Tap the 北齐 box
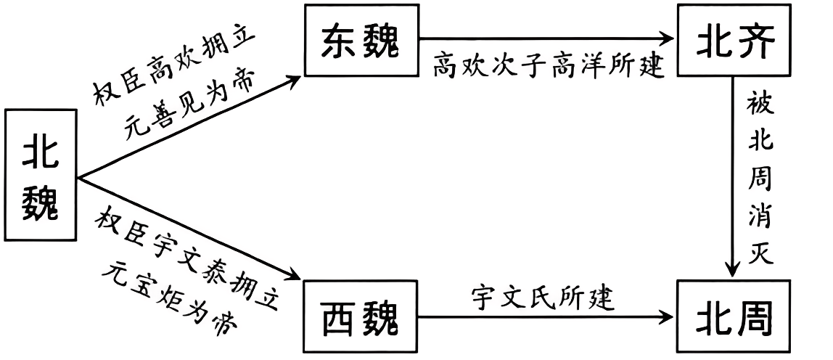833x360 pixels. tap(731, 42)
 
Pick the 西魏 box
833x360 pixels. tap(360, 316)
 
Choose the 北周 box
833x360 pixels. tap(731, 316)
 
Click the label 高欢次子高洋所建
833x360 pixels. tap(549, 67)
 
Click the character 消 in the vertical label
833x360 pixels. tap(761, 215)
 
